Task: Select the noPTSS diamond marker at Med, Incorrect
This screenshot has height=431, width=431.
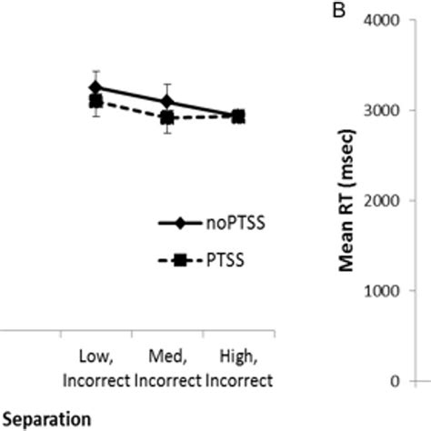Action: [x=167, y=101]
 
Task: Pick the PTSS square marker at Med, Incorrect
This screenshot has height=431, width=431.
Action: [x=167, y=117]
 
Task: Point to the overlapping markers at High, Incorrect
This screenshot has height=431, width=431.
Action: [x=238, y=116]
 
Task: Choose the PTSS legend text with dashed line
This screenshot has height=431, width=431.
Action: [x=218, y=260]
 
